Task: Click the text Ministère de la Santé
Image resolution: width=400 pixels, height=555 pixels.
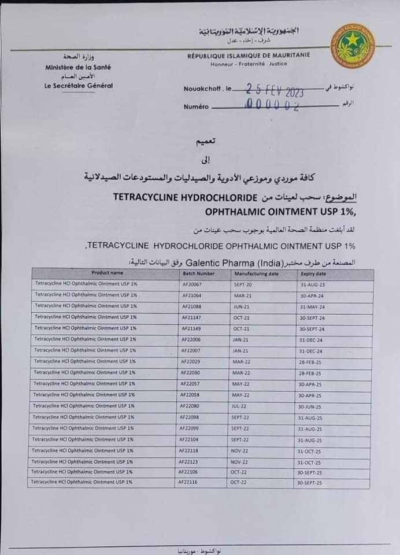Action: pos(78,67)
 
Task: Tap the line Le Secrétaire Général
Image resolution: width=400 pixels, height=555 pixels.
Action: pos(79,86)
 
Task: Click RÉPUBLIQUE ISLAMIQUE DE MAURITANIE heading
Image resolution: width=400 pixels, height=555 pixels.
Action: pos(248,55)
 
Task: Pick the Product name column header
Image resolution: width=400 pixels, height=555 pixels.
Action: pos(107,273)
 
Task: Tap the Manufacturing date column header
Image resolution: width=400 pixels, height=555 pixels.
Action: pos(256,273)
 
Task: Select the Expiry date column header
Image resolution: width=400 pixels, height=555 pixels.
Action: pos(313,273)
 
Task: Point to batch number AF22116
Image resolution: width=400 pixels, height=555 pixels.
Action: pos(188,482)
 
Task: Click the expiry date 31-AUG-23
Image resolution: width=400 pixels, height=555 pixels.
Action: pos(313,285)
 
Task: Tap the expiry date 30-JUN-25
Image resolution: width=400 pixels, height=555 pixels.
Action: pos(310,407)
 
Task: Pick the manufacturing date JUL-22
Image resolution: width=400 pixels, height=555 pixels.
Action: pos(239,406)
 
